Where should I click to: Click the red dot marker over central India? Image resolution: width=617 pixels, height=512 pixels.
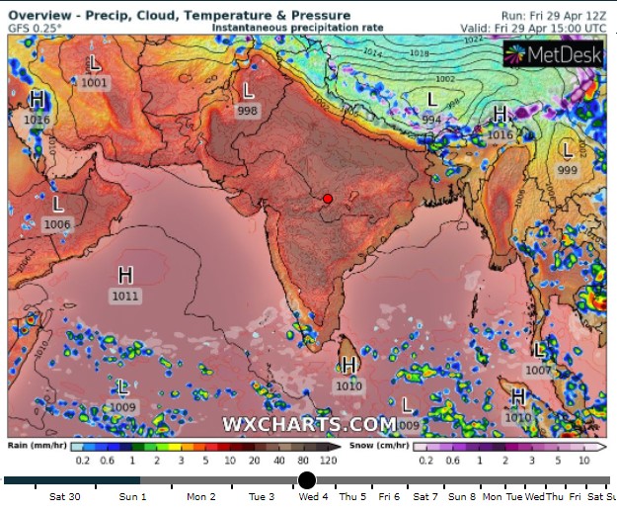click(x=328, y=199)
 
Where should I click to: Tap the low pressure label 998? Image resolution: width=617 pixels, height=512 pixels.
click(x=247, y=111)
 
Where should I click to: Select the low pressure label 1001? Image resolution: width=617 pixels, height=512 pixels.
click(x=95, y=83)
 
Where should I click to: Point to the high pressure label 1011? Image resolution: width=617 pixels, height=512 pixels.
click(x=125, y=296)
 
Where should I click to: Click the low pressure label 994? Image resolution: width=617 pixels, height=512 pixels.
click(x=431, y=119)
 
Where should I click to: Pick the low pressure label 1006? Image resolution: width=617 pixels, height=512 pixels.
click(x=58, y=224)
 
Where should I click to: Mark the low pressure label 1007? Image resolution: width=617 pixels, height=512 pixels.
click(x=539, y=370)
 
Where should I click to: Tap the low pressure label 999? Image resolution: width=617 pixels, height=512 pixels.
click(x=568, y=170)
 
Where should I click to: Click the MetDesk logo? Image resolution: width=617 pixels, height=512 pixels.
click(x=553, y=55)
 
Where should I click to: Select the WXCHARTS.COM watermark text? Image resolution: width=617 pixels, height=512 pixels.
click(x=309, y=424)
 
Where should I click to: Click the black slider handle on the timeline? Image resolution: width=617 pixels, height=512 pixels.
click(x=307, y=480)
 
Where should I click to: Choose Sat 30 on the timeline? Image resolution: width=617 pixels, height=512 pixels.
click(x=64, y=497)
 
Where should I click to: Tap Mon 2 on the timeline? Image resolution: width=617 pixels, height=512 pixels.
click(x=200, y=497)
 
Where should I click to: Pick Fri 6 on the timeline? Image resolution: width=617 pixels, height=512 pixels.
click(x=389, y=497)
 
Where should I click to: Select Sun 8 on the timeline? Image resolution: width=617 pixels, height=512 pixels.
click(x=461, y=497)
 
